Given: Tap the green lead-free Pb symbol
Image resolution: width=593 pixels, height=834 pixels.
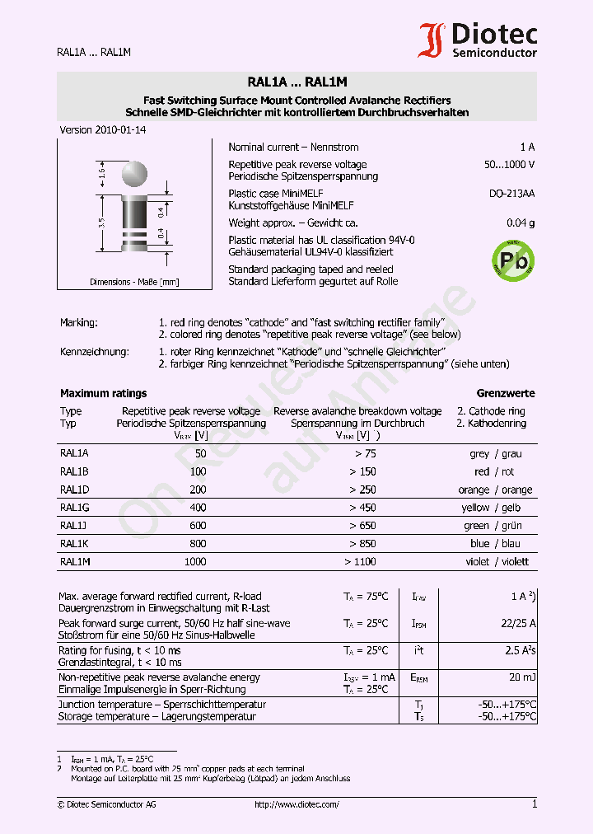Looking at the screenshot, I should (x=512, y=261).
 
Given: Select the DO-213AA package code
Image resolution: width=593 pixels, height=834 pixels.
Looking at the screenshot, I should (x=511, y=194).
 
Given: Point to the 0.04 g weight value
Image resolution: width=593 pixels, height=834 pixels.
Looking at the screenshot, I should (x=520, y=223).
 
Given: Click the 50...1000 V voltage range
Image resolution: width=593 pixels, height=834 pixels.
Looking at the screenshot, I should (x=509, y=165).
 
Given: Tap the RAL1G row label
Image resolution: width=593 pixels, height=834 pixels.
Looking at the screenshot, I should (x=74, y=508).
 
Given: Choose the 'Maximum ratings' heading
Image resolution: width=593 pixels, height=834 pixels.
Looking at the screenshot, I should (x=104, y=393).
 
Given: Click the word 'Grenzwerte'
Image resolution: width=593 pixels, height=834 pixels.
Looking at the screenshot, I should (x=506, y=393).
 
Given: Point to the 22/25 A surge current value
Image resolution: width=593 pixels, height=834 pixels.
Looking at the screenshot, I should (x=518, y=624).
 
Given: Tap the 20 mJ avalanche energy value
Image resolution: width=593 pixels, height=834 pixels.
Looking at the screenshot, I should (x=521, y=677).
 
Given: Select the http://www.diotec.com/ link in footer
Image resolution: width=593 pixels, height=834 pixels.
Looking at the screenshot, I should (x=296, y=804).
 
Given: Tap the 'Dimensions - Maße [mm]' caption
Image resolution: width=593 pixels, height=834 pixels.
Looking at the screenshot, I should (x=134, y=282).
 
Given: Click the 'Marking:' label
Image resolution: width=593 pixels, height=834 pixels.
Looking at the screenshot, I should (x=79, y=322).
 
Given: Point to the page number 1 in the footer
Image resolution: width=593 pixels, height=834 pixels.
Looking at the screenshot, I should (x=534, y=804).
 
